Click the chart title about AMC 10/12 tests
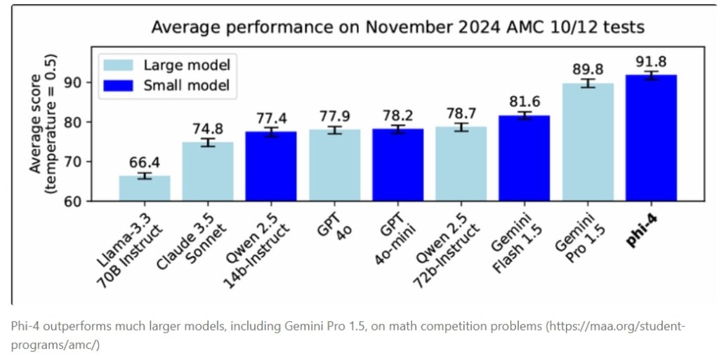pyautogui.click(x=398, y=28)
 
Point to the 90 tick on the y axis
pyautogui.click(x=79, y=82)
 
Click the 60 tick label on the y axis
pyautogui.click(x=79, y=201)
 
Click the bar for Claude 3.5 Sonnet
pyautogui.click(x=208, y=172)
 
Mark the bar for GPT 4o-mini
pyautogui.click(x=398, y=165)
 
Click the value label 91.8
pyautogui.click(x=651, y=60)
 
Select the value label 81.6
pyautogui.click(x=525, y=101)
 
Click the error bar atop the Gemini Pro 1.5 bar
pyautogui.click(x=588, y=84)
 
